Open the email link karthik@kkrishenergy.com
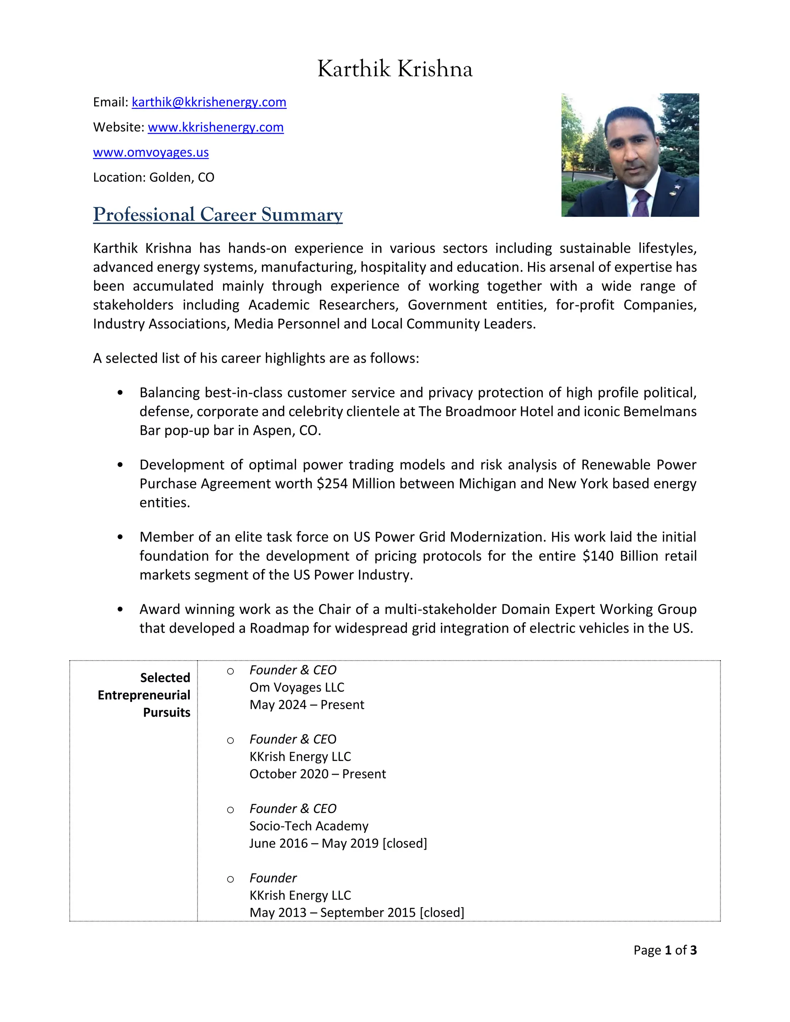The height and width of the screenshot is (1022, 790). coord(209,102)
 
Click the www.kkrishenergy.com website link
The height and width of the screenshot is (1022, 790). coord(215,127)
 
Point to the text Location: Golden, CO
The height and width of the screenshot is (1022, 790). coord(154,177)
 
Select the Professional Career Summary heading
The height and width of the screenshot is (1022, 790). coord(218,214)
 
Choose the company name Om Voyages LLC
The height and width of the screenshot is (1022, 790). coord(297,687)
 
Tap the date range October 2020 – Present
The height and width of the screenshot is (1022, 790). coord(317,774)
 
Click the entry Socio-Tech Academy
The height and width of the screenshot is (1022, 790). coord(309,826)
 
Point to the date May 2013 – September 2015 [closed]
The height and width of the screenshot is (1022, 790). coord(357,912)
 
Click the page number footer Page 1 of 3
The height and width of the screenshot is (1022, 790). coord(665,950)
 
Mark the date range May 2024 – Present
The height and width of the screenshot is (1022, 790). coord(307,705)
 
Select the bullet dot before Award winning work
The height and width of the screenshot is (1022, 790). coord(120,609)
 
